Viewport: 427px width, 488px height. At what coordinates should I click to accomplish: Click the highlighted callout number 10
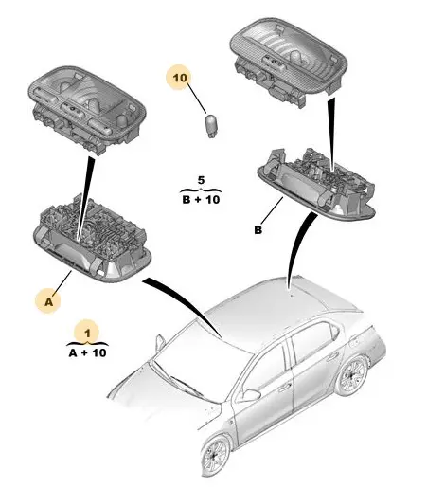point(180,78)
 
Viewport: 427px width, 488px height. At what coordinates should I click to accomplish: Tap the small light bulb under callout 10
point(211,126)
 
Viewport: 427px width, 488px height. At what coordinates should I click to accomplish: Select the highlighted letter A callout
point(48,302)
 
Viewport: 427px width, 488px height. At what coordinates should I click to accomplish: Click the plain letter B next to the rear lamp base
point(258,230)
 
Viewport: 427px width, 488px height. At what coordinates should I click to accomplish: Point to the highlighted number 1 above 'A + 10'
point(87,334)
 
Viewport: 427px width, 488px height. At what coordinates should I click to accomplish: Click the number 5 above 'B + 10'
point(201,180)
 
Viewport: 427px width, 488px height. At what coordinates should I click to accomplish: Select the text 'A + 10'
point(88,352)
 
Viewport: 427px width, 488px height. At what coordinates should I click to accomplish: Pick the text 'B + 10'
point(201,199)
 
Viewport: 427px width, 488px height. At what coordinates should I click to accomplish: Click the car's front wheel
point(216,455)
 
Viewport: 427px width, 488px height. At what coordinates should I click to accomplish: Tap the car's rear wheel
point(352,376)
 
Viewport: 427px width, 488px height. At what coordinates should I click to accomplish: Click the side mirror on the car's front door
point(251,395)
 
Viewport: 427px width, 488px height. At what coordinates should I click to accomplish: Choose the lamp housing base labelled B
point(316,184)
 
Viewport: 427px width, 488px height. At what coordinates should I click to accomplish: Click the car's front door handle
point(285,387)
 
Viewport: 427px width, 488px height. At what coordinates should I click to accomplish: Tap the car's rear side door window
point(312,343)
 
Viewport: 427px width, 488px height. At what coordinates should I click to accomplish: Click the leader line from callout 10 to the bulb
point(197,98)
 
